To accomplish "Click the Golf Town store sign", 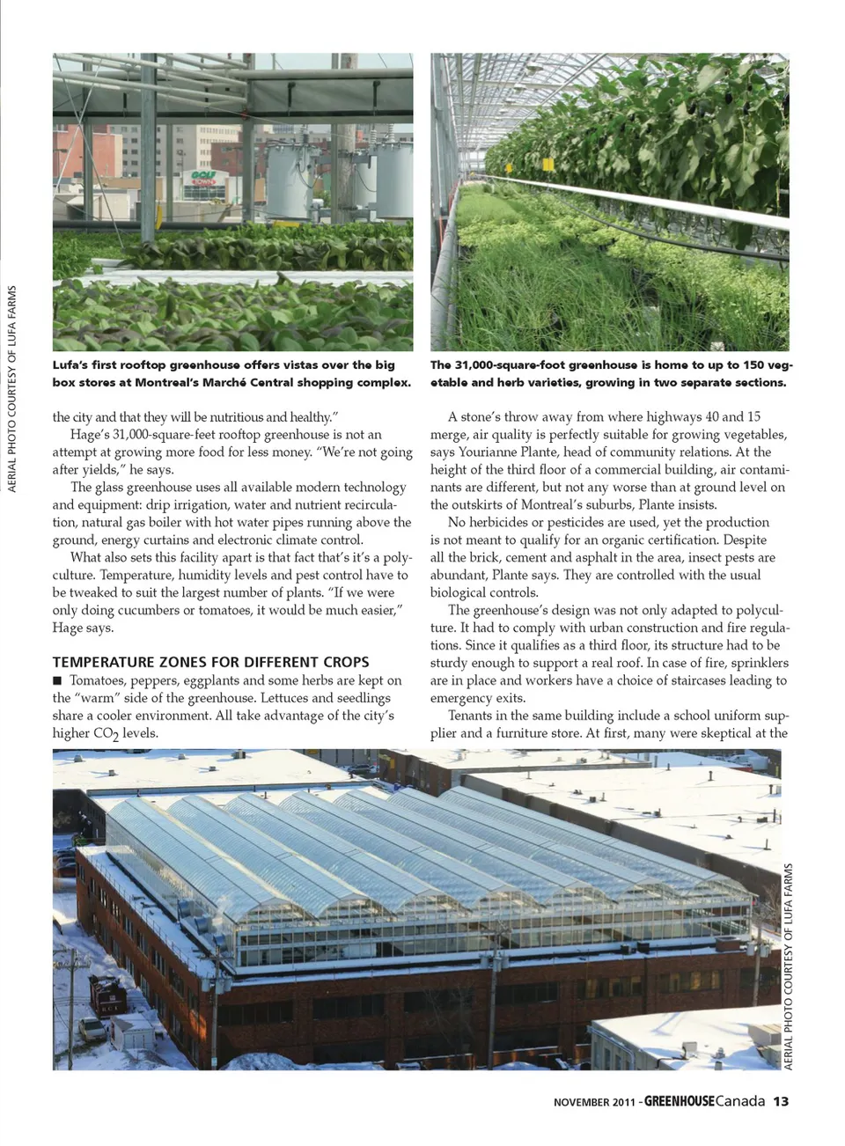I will coord(204,178).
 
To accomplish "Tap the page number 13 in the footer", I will coord(781,1101).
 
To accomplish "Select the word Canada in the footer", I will coord(740,1101).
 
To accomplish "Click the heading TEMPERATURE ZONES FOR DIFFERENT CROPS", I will coord(210,662).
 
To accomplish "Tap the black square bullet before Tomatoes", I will coord(57,680).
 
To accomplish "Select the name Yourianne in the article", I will coord(487,452).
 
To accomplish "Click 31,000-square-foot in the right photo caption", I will coord(509,364).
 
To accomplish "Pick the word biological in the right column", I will coord(462,592).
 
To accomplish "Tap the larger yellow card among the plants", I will coord(547,164).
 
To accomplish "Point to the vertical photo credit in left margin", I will coord(12,388).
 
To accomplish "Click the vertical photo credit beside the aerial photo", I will coord(789,966).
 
